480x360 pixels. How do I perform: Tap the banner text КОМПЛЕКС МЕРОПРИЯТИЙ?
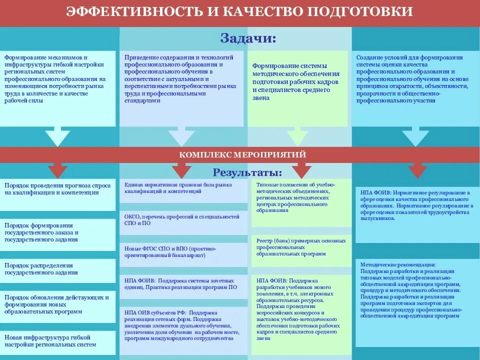click(242, 155)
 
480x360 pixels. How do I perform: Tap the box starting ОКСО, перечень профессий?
click(182, 220)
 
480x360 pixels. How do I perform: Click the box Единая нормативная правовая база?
click(182, 188)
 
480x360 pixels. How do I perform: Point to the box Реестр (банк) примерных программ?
click(300, 247)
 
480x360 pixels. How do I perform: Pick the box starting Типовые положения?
click(300, 197)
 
